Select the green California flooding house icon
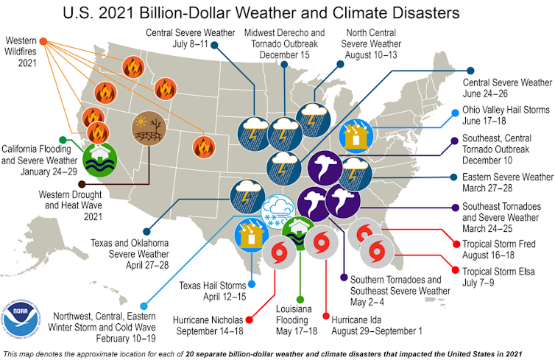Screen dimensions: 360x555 tap(98, 157)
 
